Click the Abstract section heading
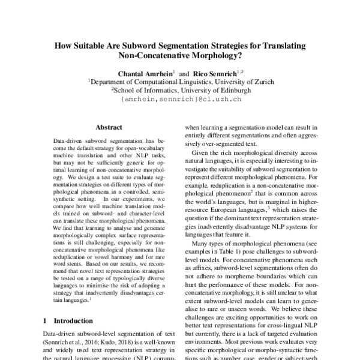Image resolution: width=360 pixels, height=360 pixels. point(109,127)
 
